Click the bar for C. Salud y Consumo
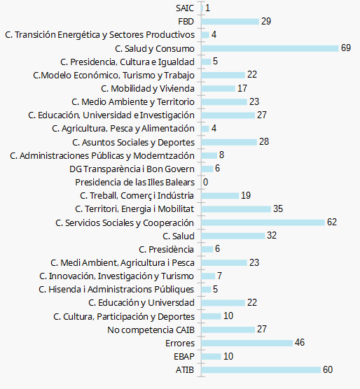[270, 48]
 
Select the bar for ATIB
[261, 369]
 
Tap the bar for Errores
[247, 343]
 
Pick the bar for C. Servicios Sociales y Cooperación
[263, 222]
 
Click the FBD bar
[230, 22]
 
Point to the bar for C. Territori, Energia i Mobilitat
[236, 209]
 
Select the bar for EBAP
[212, 356]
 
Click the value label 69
[346, 48]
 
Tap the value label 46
[300, 342]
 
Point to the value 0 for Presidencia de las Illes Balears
[206, 182]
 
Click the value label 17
[242, 88]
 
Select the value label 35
[278, 208]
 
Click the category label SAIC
[185, 8]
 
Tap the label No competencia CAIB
[151, 330]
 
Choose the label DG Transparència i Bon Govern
[132, 169]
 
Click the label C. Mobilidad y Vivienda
[148, 89]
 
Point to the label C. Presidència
[167, 249]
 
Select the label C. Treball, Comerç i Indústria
[137, 196]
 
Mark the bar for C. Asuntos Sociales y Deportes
[229, 142]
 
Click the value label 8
[222, 155]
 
